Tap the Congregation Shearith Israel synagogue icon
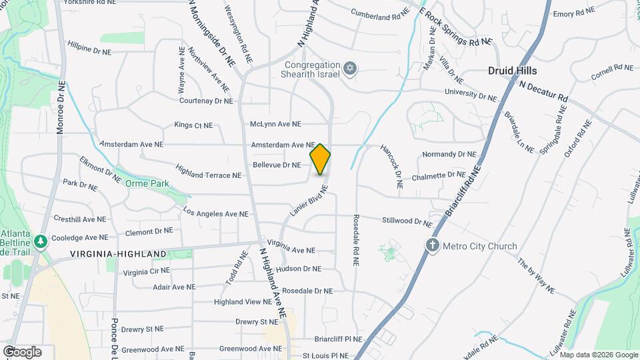point(350,68)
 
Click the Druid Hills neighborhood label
point(512,70)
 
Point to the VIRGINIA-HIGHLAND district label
point(118,254)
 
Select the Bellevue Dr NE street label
point(277,165)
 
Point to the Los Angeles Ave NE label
point(215,213)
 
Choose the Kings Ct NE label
point(193,125)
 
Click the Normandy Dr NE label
point(449,154)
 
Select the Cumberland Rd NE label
point(380,13)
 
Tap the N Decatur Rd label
point(543,91)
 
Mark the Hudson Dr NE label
point(299,269)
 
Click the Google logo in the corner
point(22,351)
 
